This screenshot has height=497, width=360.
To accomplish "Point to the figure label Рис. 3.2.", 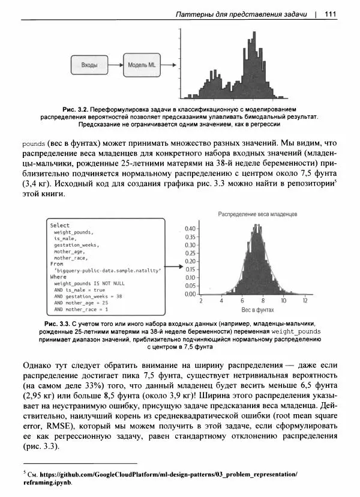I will coord(77,109).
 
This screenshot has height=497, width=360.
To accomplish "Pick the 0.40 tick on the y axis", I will coord(190,229).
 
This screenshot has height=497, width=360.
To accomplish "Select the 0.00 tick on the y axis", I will coord(190,294).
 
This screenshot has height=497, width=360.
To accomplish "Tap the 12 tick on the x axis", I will coord(305,301).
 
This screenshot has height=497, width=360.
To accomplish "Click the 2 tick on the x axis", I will coord(201,301).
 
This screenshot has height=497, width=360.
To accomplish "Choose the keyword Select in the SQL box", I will coord(59,225).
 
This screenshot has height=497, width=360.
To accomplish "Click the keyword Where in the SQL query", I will coord(58,277).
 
